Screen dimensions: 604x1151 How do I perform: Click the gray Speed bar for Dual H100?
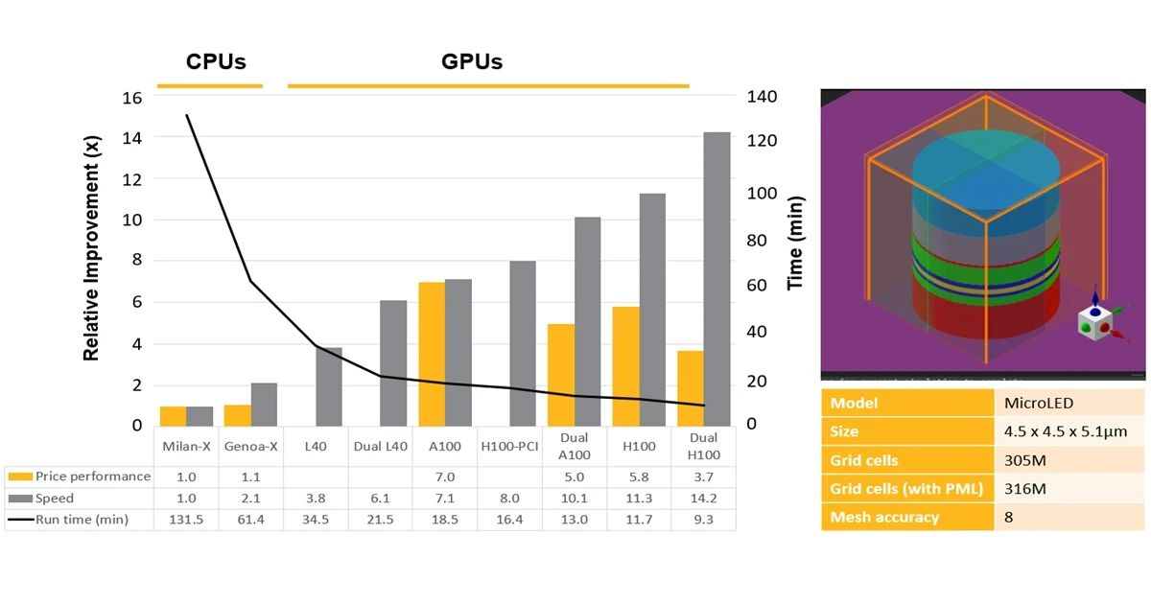pos(717,278)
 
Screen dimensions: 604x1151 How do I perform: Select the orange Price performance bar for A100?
pos(432,354)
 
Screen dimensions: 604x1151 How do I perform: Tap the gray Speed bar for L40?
pos(329,386)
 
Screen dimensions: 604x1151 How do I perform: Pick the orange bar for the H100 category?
pos(625,366)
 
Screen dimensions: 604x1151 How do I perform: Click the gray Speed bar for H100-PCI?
pos(523,343)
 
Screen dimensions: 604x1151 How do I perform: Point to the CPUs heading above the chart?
pos(215,62)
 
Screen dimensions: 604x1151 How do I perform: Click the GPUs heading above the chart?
pos(472,62)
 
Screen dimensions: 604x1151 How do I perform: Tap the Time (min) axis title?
pos(795,243)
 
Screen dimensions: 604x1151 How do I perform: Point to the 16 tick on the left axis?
pos(132,97)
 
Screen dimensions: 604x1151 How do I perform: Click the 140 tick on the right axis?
pos(761,97)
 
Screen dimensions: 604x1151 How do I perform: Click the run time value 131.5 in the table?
pos(186,520)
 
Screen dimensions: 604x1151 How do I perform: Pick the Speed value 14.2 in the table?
pos(704,499)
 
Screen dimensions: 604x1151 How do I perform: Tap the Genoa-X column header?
pos(250,447)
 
